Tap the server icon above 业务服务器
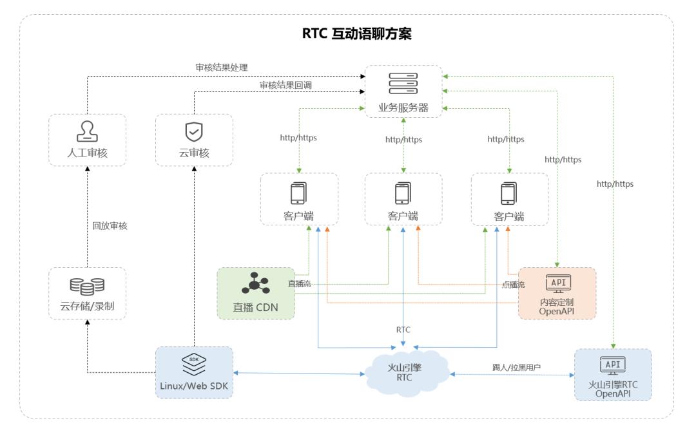pos(403,84)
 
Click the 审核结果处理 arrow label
pos(221,67)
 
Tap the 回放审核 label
pos(110,227)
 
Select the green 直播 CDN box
pos(256,293)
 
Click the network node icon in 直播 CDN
pos(256,284)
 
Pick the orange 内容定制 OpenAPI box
pos(557,294)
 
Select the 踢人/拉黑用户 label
pos(517,367)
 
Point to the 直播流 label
pos(299,283)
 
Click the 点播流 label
pos(512,284)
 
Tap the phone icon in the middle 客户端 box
pos(403,193)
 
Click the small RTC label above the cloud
pos(403,329)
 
